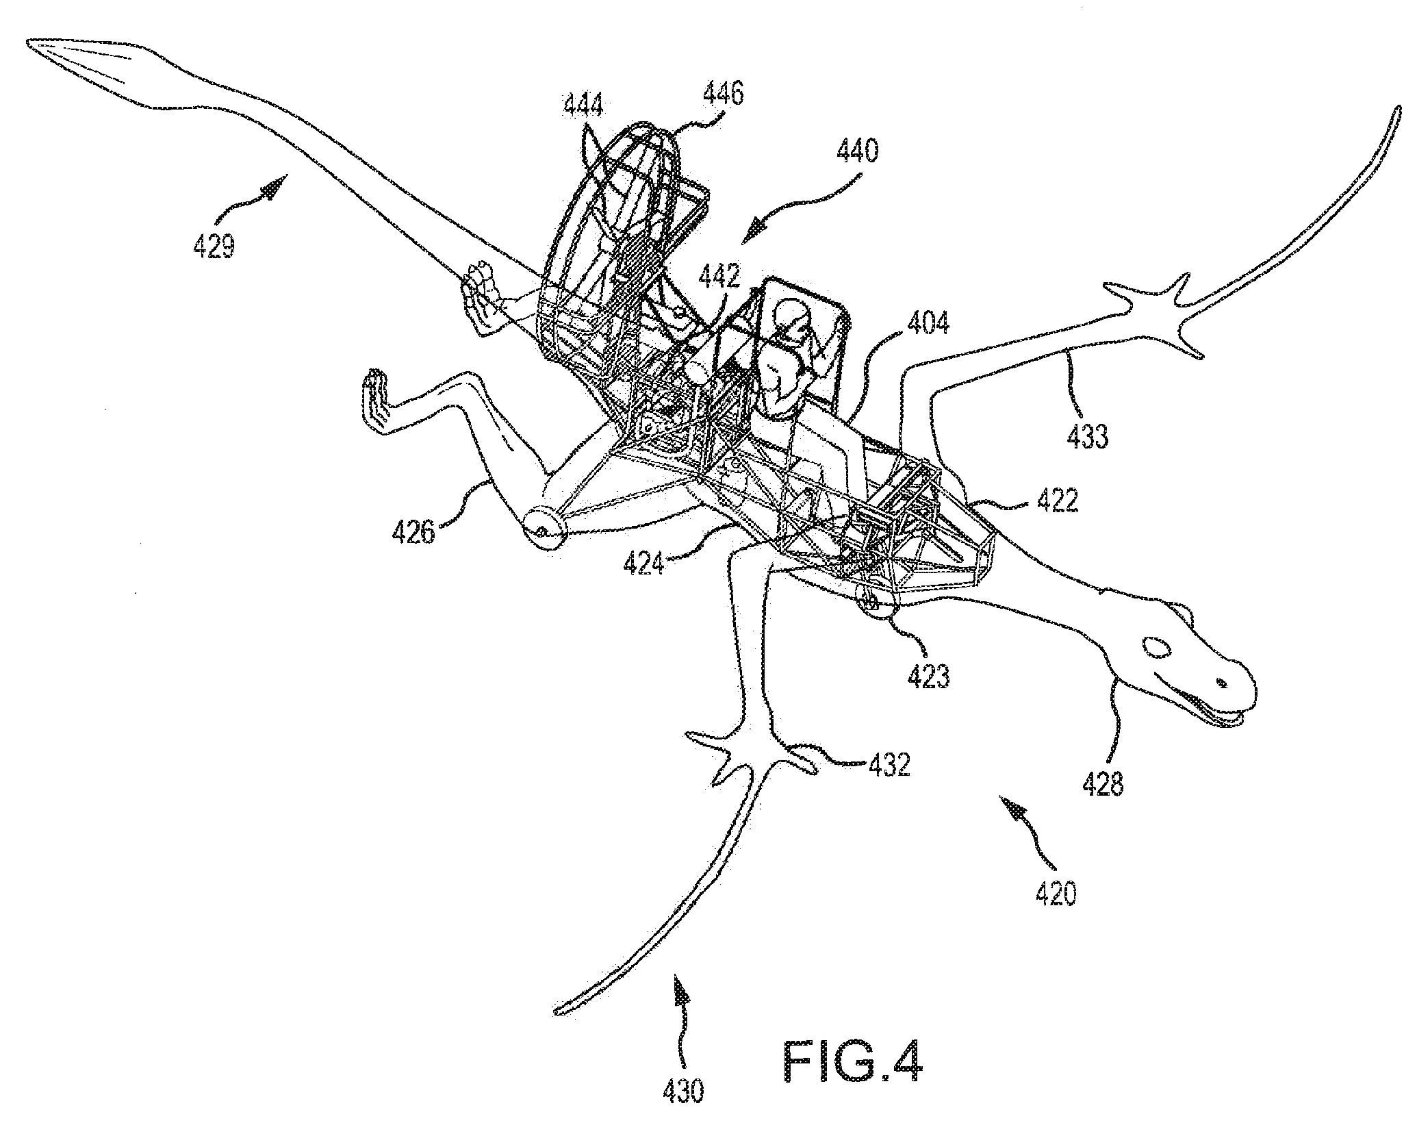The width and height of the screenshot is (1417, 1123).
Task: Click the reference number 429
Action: click(214, 244)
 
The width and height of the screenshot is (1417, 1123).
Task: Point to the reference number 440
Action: click(856, 149)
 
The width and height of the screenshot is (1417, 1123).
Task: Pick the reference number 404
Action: click(928, 322)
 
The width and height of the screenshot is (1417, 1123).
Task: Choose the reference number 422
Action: click(1057, 501)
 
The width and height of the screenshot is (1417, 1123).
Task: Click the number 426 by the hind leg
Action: click(413, 531)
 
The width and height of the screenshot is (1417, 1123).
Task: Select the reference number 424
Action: click(643, 564)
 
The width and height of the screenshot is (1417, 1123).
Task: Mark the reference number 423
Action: click(929, 676)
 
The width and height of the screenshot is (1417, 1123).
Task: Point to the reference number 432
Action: click(889, 764)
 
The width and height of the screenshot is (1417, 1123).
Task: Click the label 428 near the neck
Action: click(1103, 783)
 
